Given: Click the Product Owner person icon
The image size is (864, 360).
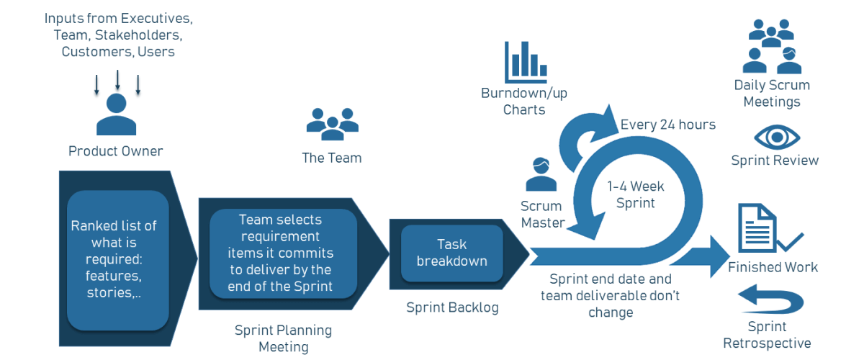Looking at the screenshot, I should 116,115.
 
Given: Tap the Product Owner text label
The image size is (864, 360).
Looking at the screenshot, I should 116,151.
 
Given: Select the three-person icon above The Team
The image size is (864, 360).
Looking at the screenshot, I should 332,124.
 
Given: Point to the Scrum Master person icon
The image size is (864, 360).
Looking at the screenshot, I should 541,175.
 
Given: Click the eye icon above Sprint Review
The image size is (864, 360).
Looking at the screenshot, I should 776,137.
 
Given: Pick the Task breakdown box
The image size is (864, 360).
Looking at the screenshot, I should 451,252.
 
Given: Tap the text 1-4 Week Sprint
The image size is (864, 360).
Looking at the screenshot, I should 635,194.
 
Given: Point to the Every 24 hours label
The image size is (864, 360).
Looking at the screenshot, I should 667,125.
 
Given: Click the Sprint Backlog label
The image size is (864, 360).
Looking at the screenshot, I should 451,308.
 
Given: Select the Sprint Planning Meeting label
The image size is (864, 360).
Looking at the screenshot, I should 284,338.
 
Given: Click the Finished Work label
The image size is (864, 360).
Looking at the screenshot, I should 773,267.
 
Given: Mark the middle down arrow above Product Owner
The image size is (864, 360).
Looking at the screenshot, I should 117,80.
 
